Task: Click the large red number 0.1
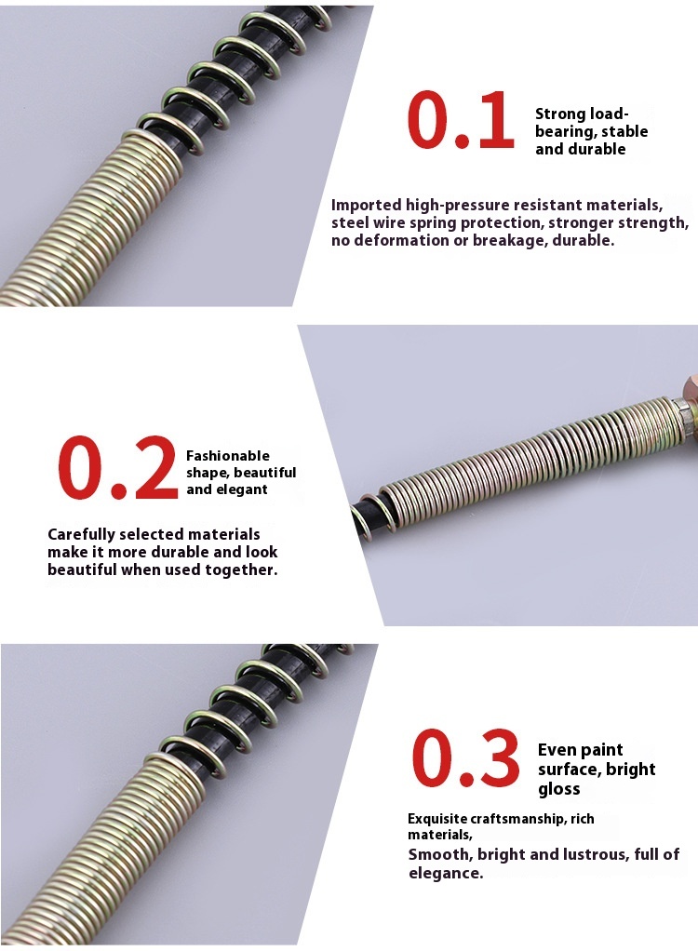[461, 120]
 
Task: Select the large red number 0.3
[465, 758]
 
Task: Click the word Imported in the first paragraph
[367, 205]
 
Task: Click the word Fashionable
[227, 455]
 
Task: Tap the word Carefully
[81, 534]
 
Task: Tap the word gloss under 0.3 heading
[559, 789]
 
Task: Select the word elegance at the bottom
[446, 874]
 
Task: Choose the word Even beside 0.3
[557, 750]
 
